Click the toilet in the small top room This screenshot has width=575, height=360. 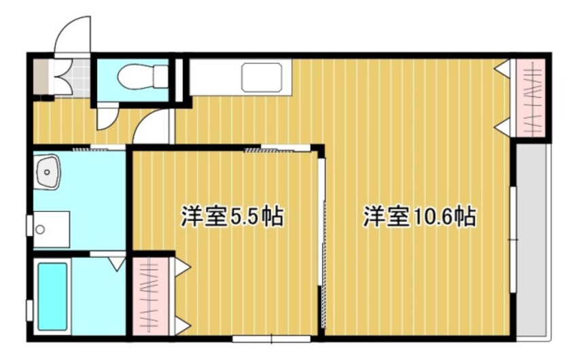point(141,77)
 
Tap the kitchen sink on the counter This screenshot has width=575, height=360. point(261,77)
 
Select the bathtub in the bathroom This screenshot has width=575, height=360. point(52,296)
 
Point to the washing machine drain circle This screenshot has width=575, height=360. point(40,229)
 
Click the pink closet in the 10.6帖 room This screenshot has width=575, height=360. point(530,98)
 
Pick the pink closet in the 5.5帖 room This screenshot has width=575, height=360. point(145,296)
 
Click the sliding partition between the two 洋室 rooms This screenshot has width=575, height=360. point(321,245)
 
